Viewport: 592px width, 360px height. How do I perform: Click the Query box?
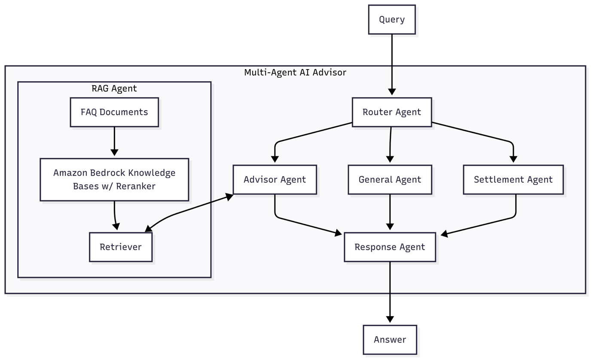click(392, 19)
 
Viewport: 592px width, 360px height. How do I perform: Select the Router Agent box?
click(392, 112)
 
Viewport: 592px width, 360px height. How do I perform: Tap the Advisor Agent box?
click(275, 180)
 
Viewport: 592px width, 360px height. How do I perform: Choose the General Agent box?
click(390, 180)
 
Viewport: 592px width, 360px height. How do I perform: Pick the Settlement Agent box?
click(513, 180)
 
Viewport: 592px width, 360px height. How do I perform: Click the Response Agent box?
click(390, 247)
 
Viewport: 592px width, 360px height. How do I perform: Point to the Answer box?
click(390, 340)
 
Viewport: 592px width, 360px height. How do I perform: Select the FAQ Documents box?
click(114, 112)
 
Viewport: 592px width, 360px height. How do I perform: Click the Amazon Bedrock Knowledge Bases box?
click(114, 179)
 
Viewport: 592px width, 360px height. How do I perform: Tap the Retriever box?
click(121, 247)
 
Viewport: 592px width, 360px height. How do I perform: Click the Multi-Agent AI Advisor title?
click(295, 73)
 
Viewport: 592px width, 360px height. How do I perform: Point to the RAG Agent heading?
click(114, 88)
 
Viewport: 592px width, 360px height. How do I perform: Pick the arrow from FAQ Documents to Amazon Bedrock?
click(114, 140)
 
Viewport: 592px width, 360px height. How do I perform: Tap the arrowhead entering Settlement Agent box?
click(513, 159)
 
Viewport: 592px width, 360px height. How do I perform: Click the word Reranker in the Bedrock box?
click(135, 186)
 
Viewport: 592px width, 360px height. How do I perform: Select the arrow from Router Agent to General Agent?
click(390, 144)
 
